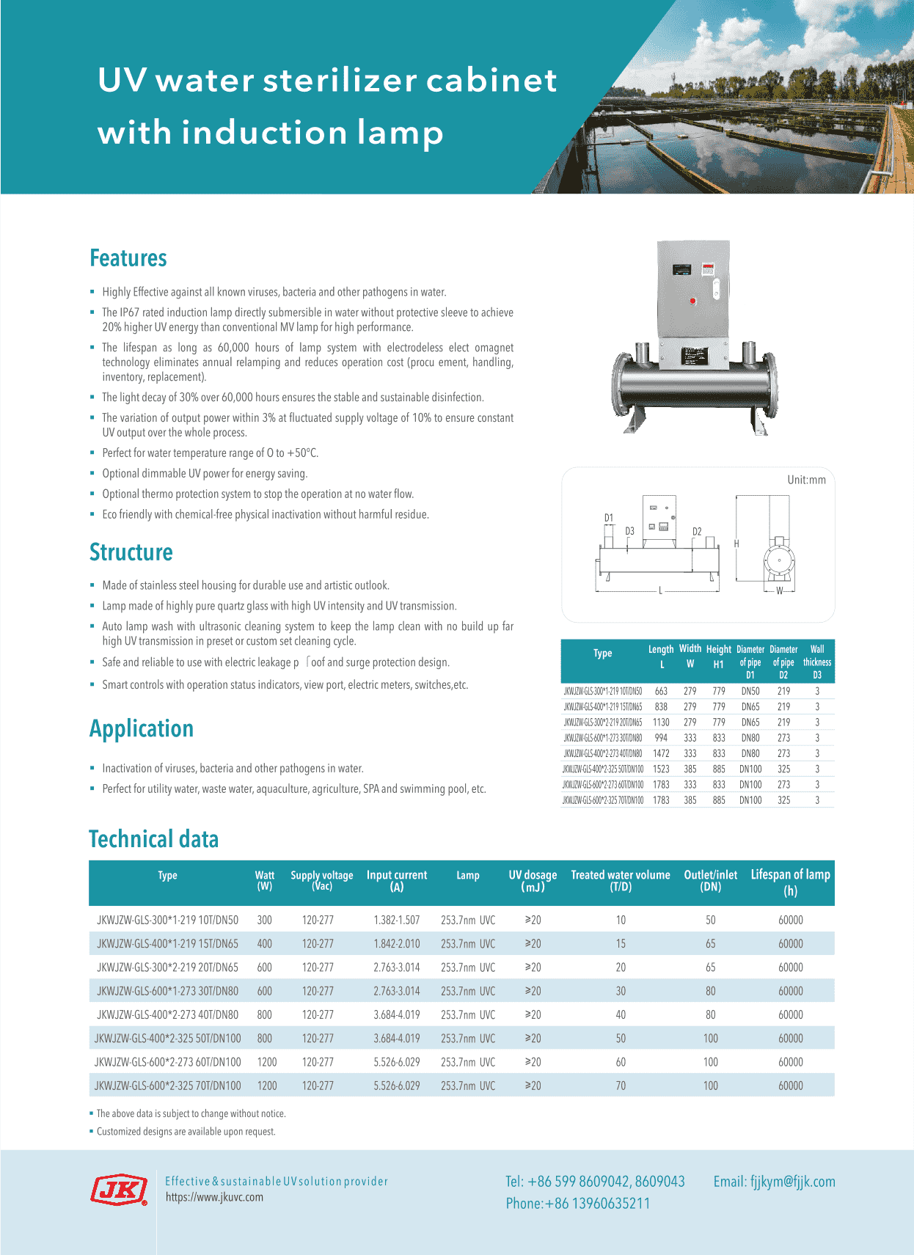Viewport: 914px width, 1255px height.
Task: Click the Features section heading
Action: coord(128,258)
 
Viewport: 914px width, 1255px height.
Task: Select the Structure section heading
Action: coord(131,552)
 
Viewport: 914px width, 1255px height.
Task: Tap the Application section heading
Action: coord(142,728)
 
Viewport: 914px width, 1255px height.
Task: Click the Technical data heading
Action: coord(154,839)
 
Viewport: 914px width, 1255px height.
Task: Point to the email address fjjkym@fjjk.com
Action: coord(774,1182)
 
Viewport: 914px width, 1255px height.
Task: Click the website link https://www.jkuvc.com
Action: coord(214,1197)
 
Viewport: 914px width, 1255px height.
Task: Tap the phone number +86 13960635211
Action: coord(578,1204)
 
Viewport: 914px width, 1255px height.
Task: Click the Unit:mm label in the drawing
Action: coord(806,480)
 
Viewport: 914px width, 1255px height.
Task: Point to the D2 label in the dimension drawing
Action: coord(697,531)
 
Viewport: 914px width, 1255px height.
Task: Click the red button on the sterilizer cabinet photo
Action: coord(692,301)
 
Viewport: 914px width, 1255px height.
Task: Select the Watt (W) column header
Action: coord(265,881)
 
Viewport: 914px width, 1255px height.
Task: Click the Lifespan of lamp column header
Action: coord(790,882)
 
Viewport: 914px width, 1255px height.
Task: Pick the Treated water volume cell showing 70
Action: coord(621,1086)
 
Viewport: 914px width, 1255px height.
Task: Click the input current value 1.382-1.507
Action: coord(397,920)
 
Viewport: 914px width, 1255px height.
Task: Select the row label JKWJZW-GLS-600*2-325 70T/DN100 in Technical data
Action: coord(168,1086)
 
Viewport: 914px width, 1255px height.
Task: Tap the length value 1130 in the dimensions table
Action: coord(661,722)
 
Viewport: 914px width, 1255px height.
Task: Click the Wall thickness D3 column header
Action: coord(817,662)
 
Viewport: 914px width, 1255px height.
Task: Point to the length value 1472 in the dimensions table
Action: coord(661,753)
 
